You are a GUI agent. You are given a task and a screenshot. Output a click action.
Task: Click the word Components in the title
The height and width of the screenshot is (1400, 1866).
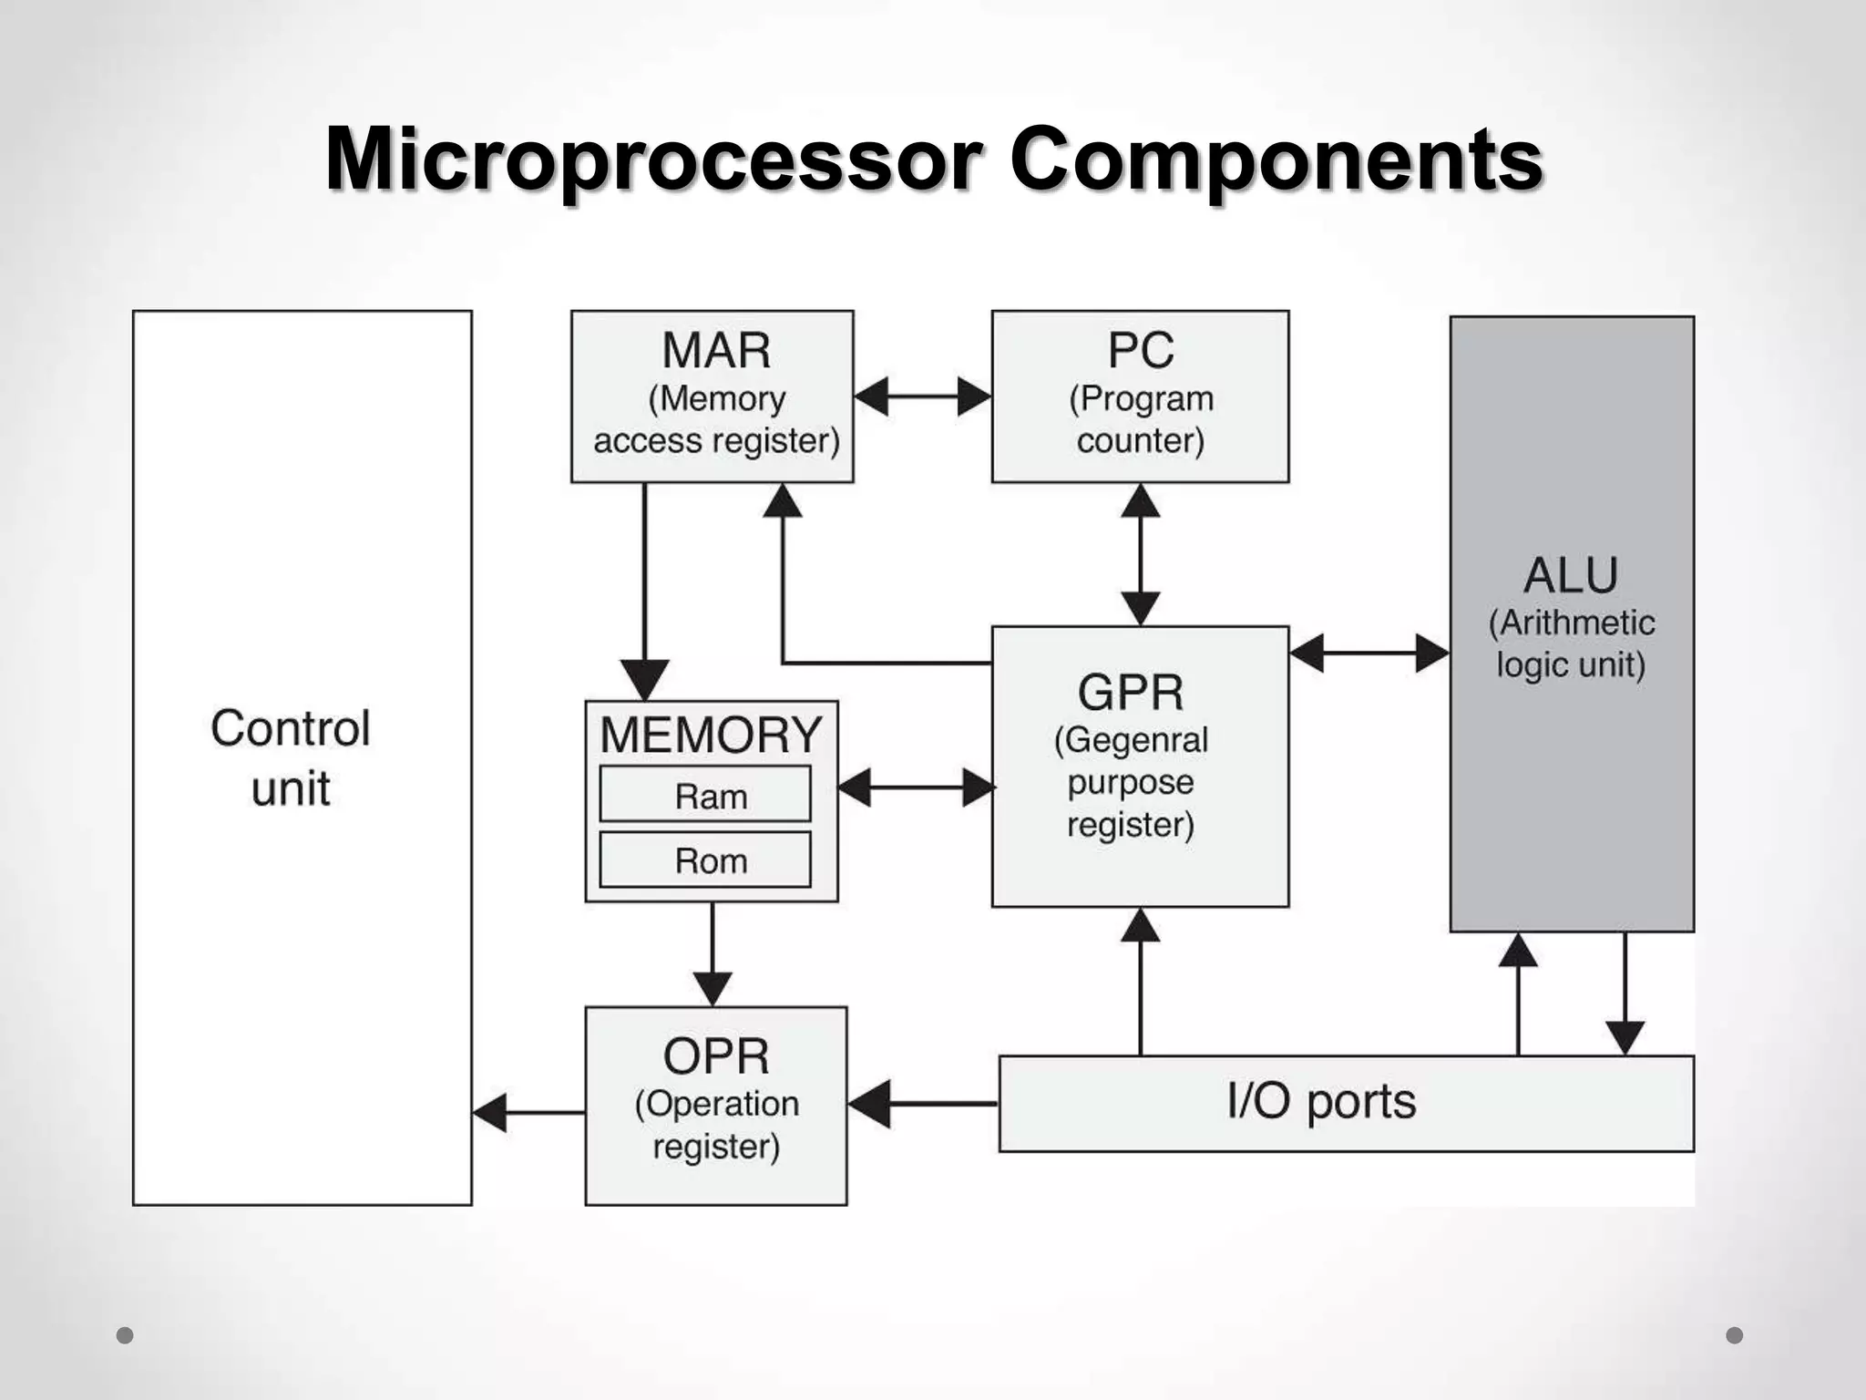click(1276, 160)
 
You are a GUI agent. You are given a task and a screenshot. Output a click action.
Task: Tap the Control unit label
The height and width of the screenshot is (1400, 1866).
click(291, 757)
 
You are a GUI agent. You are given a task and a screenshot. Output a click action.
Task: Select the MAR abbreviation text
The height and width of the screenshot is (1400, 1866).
click(716, 351)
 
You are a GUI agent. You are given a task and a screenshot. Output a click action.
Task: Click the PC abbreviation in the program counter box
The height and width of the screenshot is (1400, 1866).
click(1141, 351)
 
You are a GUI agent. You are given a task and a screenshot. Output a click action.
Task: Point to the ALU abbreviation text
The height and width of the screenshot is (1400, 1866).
click(1571, 576)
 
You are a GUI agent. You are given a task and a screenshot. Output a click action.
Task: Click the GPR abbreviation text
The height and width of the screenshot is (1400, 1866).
click(1131, 693)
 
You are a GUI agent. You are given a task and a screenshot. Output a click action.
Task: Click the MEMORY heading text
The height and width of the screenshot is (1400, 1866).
click(711, 735)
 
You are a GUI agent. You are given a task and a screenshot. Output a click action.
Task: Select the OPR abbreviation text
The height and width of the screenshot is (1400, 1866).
click(716, 1057)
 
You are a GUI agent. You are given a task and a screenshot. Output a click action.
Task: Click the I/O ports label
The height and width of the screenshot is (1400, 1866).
click(1321, 1102)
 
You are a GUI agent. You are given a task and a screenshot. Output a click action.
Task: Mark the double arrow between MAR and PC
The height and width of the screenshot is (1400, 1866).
click(922, 396)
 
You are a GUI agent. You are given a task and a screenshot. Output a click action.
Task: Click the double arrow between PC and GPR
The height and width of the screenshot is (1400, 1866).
click(1141, 554)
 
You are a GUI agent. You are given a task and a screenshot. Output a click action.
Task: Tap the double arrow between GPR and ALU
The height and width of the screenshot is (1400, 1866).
click(1369, 654)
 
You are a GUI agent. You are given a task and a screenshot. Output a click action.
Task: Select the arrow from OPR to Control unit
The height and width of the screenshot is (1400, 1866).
click(528, 1113)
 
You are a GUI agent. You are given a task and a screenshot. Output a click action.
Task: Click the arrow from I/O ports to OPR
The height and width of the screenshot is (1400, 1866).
click(922, 1104)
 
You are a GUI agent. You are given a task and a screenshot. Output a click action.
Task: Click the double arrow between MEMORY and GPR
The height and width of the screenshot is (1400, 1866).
click(915, 787)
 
